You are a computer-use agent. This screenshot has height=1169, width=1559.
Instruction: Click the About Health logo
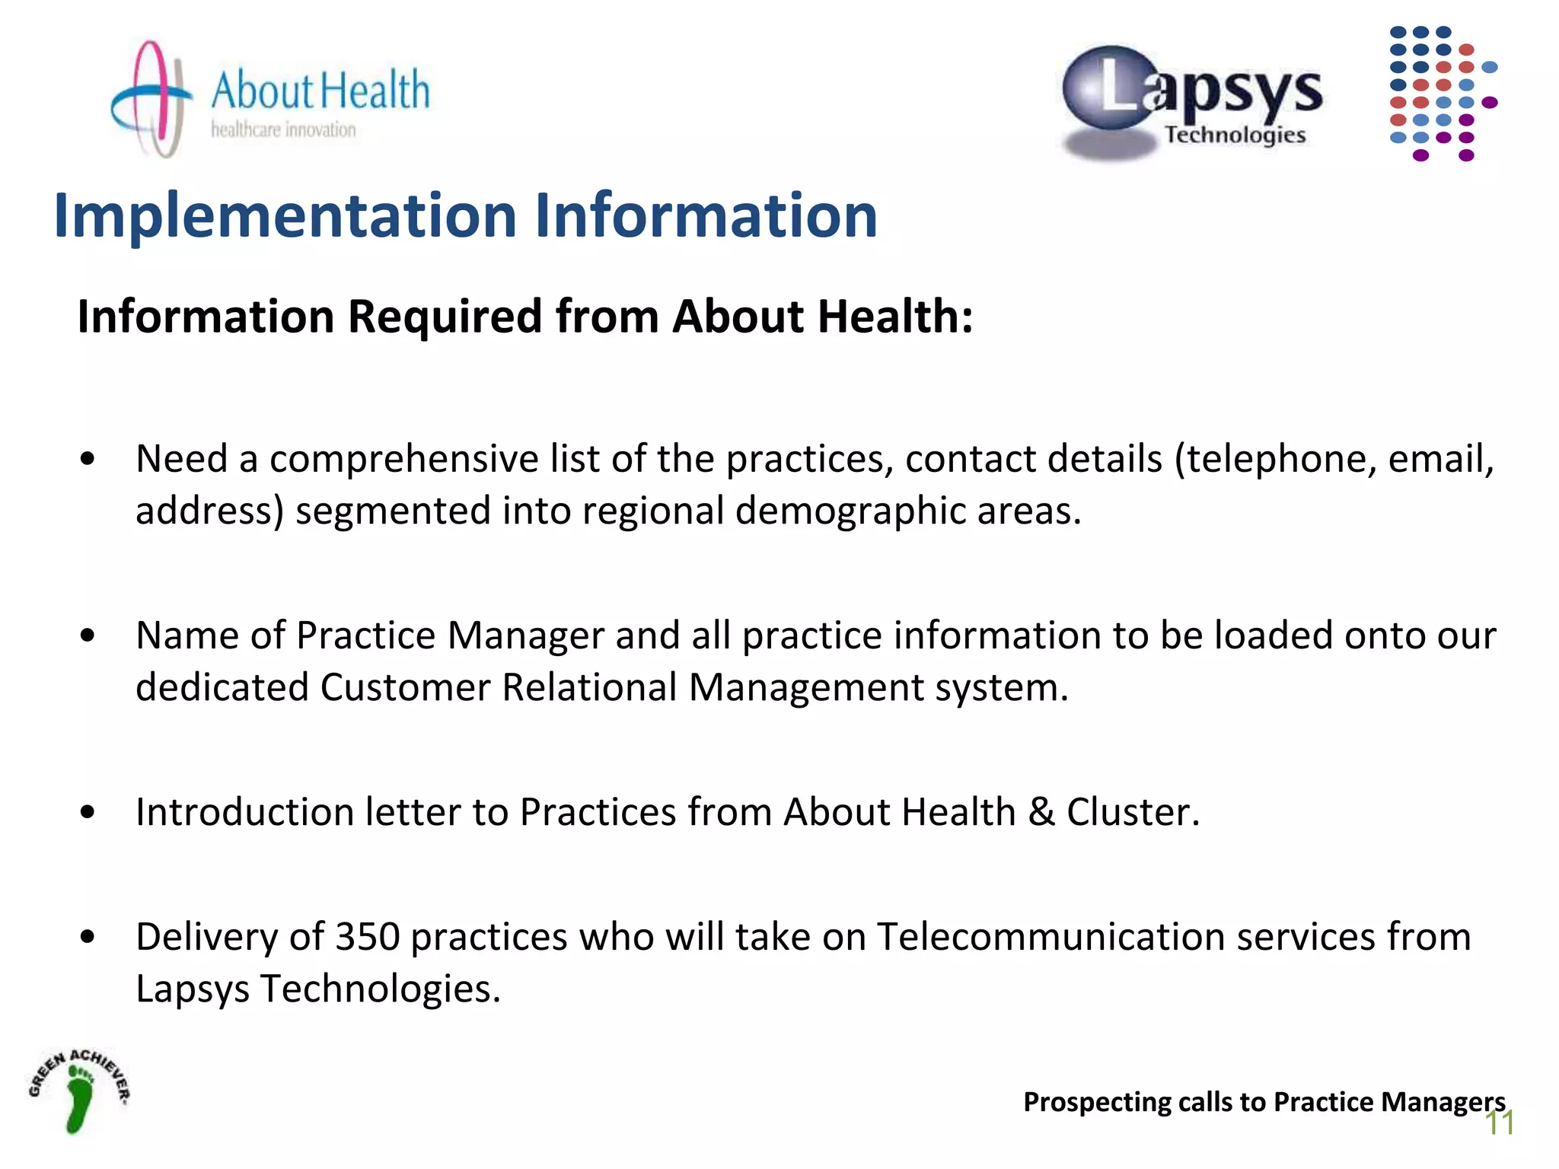tap(270, 99)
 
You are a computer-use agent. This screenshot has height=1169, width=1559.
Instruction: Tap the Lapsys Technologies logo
tap(1191, 103)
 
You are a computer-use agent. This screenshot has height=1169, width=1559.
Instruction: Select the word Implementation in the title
tap(285, 216)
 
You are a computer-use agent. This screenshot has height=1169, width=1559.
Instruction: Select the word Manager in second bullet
tap(525, 635)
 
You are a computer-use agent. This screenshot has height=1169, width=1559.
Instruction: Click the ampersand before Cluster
tap(1041, 812)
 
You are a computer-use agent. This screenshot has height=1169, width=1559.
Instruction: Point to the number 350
tap(368, 937)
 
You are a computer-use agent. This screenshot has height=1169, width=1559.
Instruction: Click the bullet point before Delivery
tap(88, 937)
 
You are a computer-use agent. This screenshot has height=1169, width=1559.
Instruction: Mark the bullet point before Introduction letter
tap(88, 812)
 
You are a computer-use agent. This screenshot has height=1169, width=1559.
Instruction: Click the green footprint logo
tap(79, 1091)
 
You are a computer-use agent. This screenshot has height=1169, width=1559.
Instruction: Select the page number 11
tap(1500, 1123)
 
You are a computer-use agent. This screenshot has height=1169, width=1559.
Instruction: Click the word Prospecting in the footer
tap(1096, 1102)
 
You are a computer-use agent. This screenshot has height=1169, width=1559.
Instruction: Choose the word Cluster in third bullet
tap(1133, 812)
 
